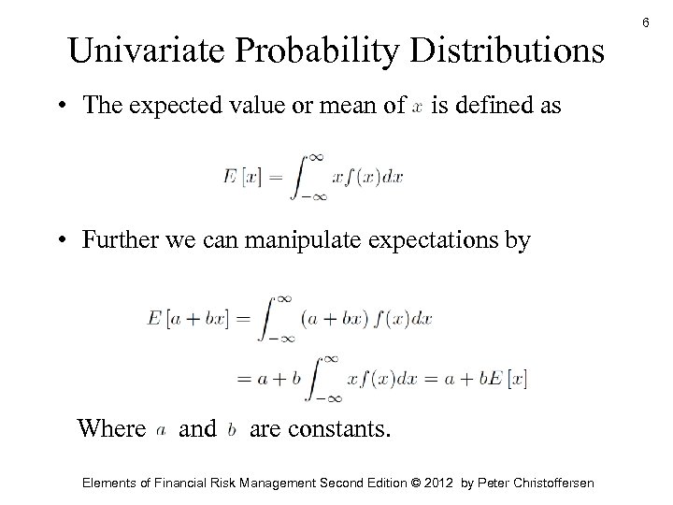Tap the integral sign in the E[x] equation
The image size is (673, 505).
300,177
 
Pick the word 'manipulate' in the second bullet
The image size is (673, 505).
280,241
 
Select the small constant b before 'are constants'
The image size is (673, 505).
232,429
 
